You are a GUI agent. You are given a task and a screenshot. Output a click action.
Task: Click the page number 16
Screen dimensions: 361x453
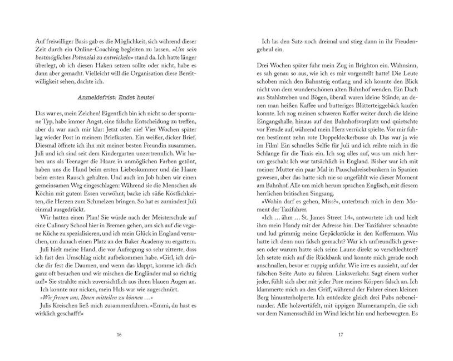[119, 334]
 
